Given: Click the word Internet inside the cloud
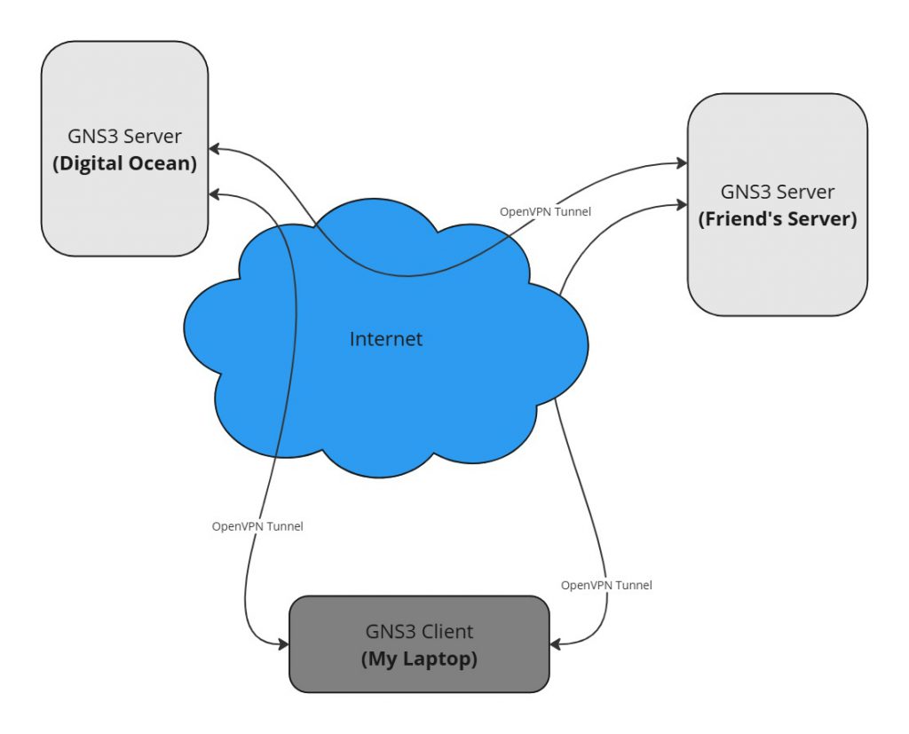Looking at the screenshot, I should (x=386, y=339).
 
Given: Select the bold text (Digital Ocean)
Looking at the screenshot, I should (x=124, y=164).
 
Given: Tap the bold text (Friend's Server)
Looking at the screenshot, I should (x=778, y=219).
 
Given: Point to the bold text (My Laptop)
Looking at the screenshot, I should (x=419, y=659).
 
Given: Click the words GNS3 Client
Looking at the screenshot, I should (x=419, y=632).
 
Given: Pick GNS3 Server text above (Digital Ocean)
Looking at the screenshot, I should (x=124, y=137).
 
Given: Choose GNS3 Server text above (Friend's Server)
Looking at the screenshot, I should (x=778, y=192).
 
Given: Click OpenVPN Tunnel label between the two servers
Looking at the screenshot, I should (x=545, y=211).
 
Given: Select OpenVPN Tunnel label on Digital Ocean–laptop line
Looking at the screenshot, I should (x=257, y=526).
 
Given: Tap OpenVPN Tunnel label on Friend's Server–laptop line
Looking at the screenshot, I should (x=606, y=586).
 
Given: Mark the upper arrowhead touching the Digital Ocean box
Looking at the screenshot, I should (x=216, y=149).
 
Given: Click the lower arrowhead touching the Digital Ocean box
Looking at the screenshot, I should (x=216, y=193).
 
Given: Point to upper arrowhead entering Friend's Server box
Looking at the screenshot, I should (x=681, y=163).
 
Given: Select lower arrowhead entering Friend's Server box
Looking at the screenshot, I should (x=681, y=206).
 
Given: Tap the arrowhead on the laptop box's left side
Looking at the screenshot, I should (x=283, y=643).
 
